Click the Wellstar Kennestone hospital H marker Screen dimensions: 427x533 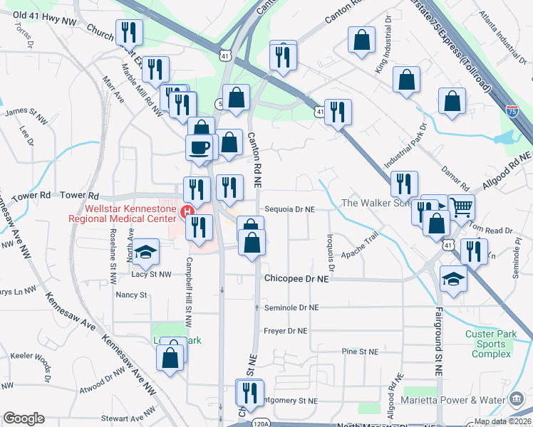187,211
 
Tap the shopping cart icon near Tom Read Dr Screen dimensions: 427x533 462,208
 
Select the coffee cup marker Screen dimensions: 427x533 199,147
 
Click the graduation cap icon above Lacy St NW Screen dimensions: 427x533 145,252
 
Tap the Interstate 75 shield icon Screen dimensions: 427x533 512,110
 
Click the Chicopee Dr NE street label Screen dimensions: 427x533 296,280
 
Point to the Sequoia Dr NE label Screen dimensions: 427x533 290,210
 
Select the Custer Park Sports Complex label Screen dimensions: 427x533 487,344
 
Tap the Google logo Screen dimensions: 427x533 24,418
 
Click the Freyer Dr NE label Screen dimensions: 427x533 285,331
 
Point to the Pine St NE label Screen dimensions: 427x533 359,352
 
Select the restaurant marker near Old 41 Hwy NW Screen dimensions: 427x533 130,32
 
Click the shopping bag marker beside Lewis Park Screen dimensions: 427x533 171,359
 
